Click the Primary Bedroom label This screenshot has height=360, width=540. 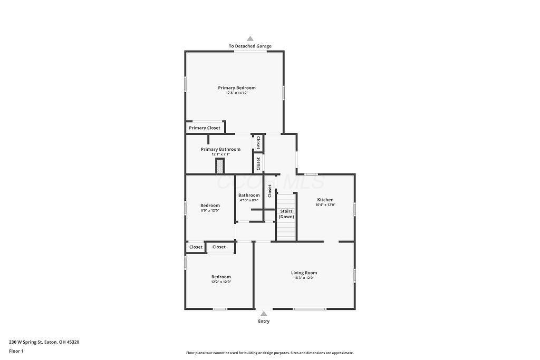(237, 87)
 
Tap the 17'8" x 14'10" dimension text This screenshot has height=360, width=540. (237, 93)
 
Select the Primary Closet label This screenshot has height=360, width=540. (205, 128)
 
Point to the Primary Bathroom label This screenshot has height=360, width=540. (220, 149)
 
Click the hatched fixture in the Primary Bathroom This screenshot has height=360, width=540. (220, 166)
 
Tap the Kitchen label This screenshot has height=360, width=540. (325, 200)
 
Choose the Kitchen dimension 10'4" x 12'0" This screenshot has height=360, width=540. (325, 205)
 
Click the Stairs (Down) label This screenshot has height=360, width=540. (286, 214)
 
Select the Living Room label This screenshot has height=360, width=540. (304, 273)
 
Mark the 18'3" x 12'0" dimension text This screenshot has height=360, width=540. (304, 278)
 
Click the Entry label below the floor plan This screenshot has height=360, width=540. (264, 321)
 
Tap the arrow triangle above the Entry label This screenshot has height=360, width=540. (264, 314)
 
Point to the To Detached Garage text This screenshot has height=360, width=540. (250, 46)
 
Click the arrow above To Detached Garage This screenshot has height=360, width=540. (250, 38)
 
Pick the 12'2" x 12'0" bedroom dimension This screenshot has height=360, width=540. (221, 282)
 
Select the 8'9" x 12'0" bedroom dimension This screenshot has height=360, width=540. (210, 210)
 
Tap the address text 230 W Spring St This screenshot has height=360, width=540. (44, 342)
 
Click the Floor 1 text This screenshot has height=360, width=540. (16, 351)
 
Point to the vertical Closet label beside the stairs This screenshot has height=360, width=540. (269, 190)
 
